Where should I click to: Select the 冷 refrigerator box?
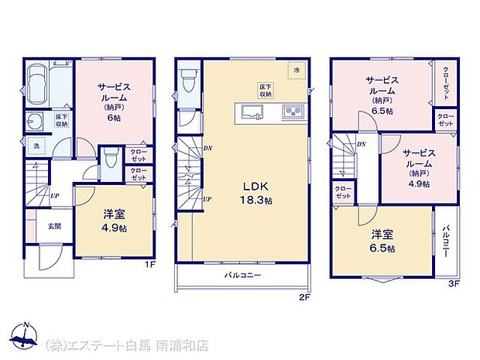click(x=296, y=70)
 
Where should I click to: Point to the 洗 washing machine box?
click(x=36, y=145)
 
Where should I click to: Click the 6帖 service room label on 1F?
click(x=112, y=103)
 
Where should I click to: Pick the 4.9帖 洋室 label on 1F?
click(x=111, y=221)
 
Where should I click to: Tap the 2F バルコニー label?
click(x=243, y=276)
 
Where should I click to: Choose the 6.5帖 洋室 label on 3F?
click(x=382, y=241)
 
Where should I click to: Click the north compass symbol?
click(x=25, y=337)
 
